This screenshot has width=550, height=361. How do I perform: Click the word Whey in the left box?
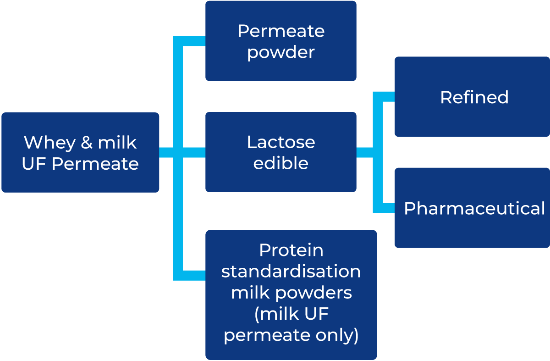[49, 143]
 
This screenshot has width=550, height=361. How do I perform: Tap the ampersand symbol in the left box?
[87, 143]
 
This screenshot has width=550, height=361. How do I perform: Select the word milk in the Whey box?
[117, 142]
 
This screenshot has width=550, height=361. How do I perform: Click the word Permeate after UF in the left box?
[95, 164]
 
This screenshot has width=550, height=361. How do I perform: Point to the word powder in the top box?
[281, 53]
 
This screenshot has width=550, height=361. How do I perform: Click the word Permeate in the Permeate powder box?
[281, 31]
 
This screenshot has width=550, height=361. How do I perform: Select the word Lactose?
[281, 142]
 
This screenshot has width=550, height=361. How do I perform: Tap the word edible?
[281, 163]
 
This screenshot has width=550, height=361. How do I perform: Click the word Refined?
[474, 97]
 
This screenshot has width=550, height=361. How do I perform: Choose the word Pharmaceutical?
[474, 209]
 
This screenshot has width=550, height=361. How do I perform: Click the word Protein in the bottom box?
[291, 250]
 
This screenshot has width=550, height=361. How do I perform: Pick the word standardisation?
[291, 271]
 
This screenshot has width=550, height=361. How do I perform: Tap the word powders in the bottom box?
[313, 294]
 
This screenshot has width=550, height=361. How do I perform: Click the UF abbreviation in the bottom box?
[316, 314]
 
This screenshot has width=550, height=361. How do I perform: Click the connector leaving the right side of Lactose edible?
[365, 152]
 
